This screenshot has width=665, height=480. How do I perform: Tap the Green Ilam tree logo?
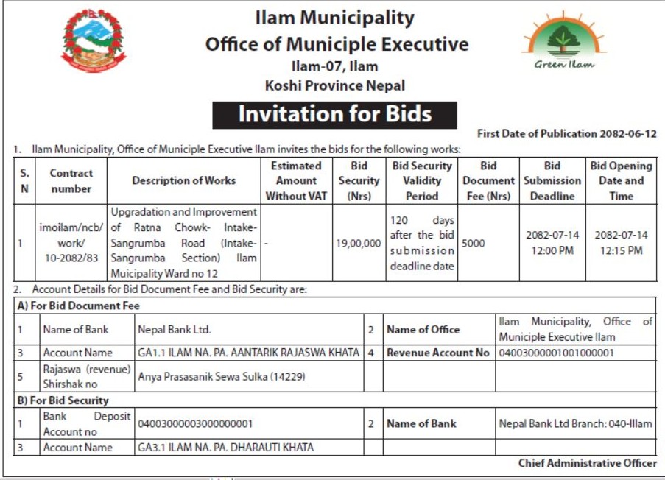563,43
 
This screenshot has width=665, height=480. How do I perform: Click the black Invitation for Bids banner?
334,115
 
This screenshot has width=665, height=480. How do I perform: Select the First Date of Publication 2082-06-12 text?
566,133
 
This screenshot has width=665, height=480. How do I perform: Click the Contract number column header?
71,181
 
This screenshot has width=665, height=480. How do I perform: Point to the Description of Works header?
183,180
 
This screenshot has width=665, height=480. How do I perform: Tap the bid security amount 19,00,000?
359,243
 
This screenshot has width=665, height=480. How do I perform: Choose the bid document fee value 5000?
474,243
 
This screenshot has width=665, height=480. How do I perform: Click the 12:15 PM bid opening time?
621,250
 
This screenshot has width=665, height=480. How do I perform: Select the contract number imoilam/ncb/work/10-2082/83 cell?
71,243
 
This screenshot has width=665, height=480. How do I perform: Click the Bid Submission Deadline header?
552,180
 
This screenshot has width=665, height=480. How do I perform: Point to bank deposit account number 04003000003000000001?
196,424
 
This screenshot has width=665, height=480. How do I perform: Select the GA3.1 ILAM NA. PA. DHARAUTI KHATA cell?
225,447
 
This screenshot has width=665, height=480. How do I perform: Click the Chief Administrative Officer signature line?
587,463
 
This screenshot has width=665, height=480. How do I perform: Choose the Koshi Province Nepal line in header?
334,85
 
